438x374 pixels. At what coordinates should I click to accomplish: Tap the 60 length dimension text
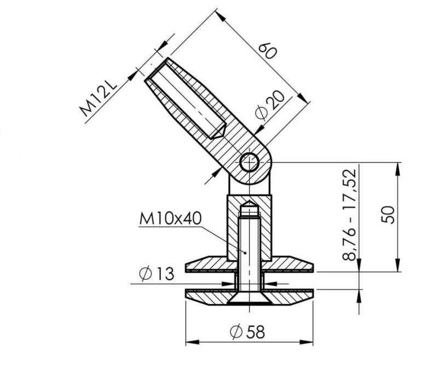268,51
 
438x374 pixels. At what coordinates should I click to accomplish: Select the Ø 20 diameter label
270,105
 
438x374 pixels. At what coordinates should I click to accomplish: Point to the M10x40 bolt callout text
170,218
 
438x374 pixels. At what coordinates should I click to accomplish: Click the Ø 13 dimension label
157,274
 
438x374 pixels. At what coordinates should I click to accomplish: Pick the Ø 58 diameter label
247,332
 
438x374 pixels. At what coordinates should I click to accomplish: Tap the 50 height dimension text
388,215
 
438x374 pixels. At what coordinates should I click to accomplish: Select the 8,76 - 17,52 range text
349,215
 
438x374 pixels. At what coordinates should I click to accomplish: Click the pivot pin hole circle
249,162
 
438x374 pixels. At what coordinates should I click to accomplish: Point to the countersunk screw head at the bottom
250,300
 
